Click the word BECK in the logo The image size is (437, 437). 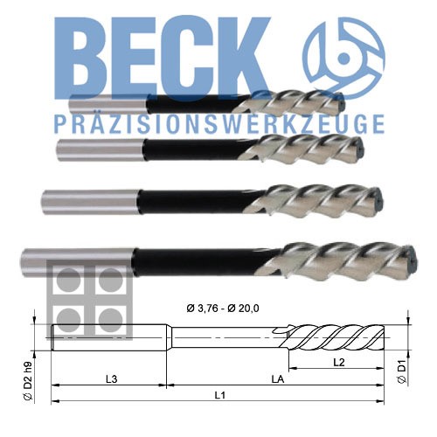tap(162, 59)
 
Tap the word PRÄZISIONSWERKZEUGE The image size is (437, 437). tap(219, 124)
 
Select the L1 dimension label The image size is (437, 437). tap(220, 395)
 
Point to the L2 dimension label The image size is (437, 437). tap(339, 363)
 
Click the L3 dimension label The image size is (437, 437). tap(111, 379)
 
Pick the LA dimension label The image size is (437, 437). tap(278, 379)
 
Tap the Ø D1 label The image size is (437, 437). tap(402, 371)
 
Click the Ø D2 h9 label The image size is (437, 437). tap(28, 381)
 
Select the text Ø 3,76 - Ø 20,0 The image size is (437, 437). tap(223, 309)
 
